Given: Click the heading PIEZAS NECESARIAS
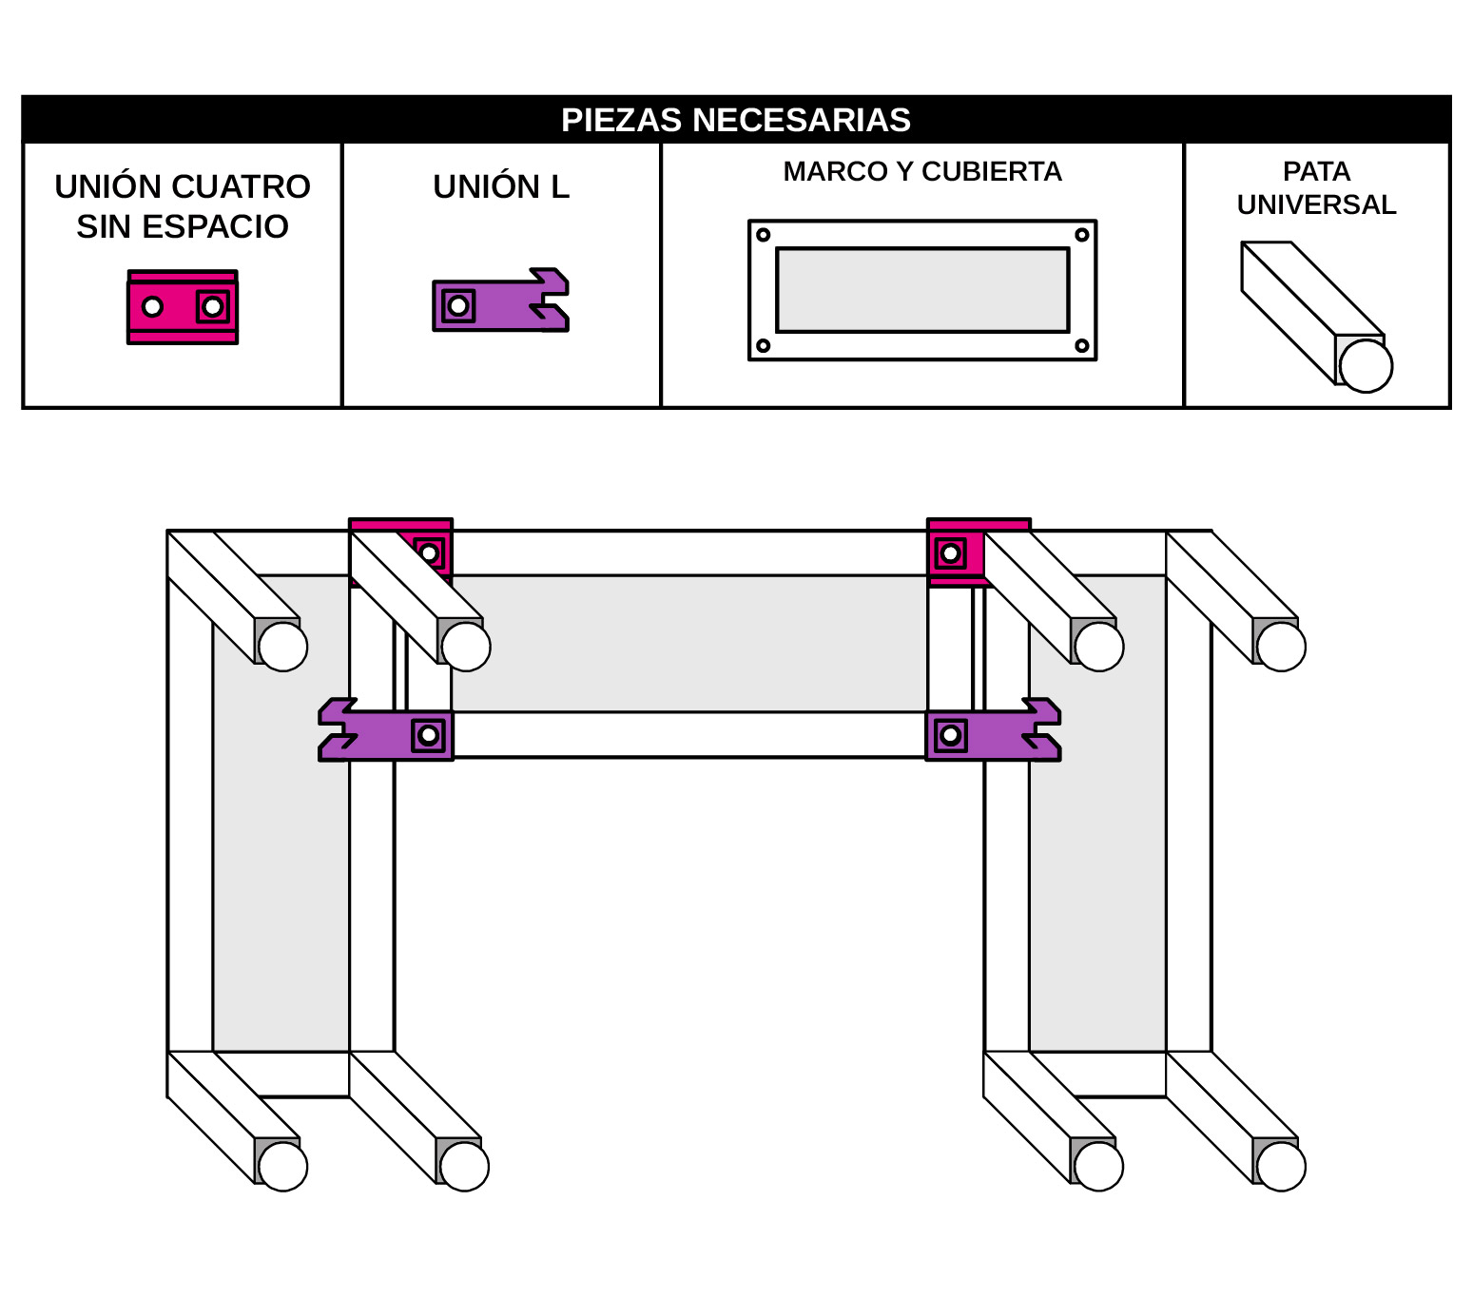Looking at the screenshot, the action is coord(735,120).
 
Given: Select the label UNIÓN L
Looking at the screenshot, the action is coord(501,187).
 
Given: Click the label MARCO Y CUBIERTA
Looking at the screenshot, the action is coord(921,171).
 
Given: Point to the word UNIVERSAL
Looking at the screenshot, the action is coord(1316,205).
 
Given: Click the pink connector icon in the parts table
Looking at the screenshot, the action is coord(183,307).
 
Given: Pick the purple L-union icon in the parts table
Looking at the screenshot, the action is coord(501,300).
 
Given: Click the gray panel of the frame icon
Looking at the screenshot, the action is coord(921,290).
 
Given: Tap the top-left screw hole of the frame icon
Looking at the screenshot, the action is coord(763,235).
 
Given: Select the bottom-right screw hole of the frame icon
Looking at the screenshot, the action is coord(1081,345).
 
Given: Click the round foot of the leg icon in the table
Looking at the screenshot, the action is coord(1366,366).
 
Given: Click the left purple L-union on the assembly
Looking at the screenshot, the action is coord(385,730).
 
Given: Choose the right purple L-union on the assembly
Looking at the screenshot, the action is coord(993,730).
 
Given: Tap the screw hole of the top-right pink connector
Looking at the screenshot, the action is coord(950,554).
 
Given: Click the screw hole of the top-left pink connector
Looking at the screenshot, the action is coord(429,554).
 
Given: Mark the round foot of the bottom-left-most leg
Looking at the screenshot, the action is coord(282,1166).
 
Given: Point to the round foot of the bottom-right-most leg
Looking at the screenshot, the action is coord(1280,1166).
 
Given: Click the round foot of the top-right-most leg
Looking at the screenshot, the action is coord(1280,647).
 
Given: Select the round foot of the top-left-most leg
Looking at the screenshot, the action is coord(282,647).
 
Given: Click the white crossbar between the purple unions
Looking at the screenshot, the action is coord(689,735).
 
